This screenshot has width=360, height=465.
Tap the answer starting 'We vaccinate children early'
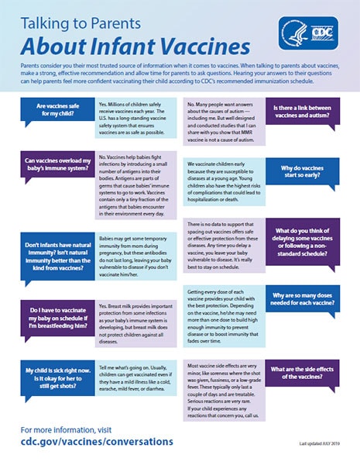[225, 181]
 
